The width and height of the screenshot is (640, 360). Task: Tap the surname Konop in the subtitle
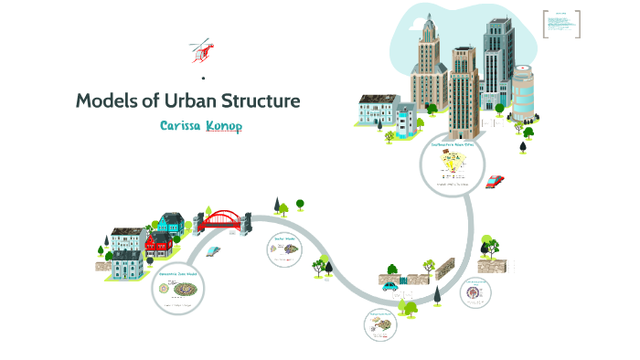225,126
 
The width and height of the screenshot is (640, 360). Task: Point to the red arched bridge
219,220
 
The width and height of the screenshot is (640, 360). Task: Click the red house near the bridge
159,242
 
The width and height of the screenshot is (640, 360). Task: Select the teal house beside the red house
171,223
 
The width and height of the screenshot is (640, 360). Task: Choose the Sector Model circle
284,249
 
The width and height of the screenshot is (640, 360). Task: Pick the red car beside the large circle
495,181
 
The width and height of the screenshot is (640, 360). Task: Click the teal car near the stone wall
391,285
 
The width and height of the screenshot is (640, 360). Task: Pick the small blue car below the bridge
215,249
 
